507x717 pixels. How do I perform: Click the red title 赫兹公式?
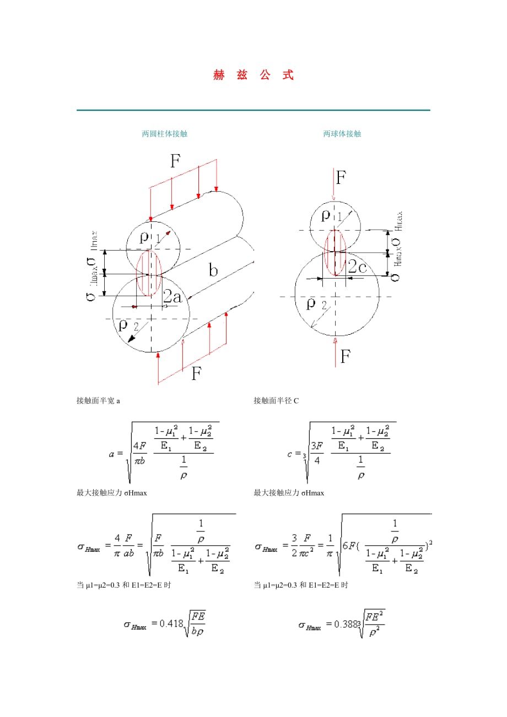click(253, 75)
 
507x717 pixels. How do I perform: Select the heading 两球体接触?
click(342, 134)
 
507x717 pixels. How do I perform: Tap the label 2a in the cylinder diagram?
click(172, 297)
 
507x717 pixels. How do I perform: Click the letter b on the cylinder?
click(213, 270)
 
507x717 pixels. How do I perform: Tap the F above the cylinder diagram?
click(176, 161)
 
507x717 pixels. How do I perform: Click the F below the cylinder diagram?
click(196, 374)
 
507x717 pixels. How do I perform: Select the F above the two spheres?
click(341, 177)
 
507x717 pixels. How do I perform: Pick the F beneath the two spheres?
click(345, 356)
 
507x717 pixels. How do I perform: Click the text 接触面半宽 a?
click(98, 401)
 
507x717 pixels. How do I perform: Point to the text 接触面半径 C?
click(276, 401)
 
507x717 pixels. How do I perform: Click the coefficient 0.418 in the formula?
click(171, 624)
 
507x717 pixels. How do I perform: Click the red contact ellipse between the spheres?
click(335, 252)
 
